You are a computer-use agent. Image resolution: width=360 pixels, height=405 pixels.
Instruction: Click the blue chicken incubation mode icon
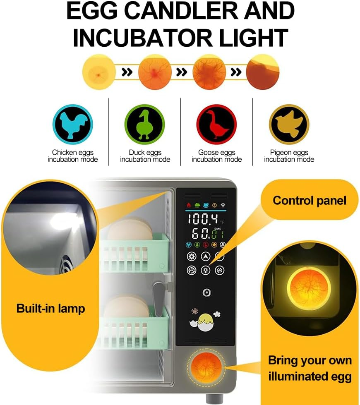pyautogui.click(x=72, y=124)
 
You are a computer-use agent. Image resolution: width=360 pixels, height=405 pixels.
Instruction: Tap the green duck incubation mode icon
pyautogui.click(x=145, y=124)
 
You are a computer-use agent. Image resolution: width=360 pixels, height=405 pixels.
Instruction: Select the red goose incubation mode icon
pyautogui.click(x=216, y=124)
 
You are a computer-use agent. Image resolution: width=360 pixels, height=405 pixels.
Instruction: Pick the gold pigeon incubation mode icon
pyautogui.click(x=289, y=124)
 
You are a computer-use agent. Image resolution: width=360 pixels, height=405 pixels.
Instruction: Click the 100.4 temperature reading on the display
pyautogui.click(x=203, y=219)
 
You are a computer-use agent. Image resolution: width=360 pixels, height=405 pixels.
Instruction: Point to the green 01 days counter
pyautogui.click(x=218, y=234)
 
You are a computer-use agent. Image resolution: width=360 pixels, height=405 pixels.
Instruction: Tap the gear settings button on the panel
pyautogui.click(x=192, y=256)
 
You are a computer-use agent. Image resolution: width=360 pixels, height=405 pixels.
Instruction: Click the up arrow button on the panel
pyautogui.click(x=206, y=256)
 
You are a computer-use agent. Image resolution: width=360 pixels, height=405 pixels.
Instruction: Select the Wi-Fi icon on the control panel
pyautogui.click(x=223, y=205)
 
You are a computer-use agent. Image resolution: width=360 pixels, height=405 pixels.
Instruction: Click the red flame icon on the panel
pyautogui.click(x=189, y=205)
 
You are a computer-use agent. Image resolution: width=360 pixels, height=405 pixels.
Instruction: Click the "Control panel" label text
pyautogui.click(x=309, y=201)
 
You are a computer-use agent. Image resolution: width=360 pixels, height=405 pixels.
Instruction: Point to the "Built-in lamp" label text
pyautogui.click(x=50, y=308)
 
